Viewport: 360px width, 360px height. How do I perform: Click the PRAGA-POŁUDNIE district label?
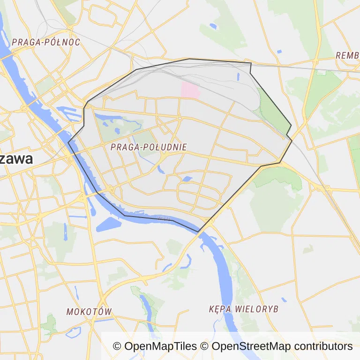pyautogui.click(x=149, y=147)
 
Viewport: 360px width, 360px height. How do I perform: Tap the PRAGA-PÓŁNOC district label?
pyautogui.click(x=46, y=42)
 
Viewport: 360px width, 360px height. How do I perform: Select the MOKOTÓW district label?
pyautogui.click(x=89, y=312)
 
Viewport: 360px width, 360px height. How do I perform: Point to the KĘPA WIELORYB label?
pyautogui.click(x=244, y=309)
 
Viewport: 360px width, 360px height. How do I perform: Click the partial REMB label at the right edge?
pyautogui.click(x=347, y=55)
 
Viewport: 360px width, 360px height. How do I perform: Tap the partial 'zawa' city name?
pyautogui.click(x=17, y=159)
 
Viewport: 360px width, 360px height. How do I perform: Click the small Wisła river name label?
pyautogui.click(x=164, y=218)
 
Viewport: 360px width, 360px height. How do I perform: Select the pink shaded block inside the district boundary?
pyautogui.click(x=190, y=90)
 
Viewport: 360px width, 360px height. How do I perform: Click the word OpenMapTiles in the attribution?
pyautogui.click(x=160, y=346)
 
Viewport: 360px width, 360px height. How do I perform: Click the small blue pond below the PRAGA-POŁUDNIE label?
pyautogui.click(x=187, y=179)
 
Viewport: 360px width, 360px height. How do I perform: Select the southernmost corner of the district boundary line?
pyautogui.click(x=199, y=232)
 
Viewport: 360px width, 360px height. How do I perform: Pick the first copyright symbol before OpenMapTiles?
pyautogui.click(x=117, y=346)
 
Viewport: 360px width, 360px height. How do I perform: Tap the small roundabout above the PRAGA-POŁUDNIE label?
pyautogui.click(x=180, y=118)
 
